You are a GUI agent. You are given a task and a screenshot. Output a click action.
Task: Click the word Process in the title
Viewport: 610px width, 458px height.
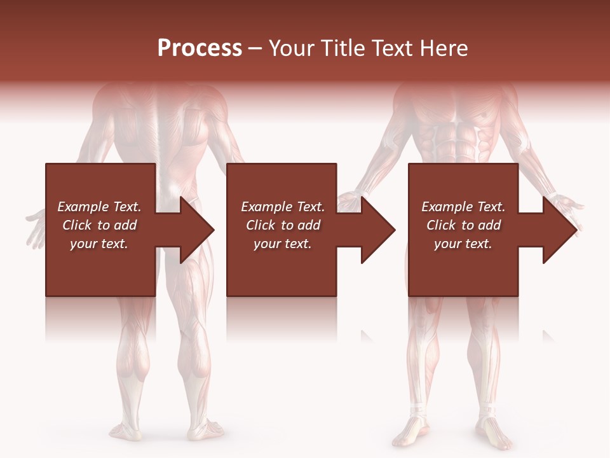200,48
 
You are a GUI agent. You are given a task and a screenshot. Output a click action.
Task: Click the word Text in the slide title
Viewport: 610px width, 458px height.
394,48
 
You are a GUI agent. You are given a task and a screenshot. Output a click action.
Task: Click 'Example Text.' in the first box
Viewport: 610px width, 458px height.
99,207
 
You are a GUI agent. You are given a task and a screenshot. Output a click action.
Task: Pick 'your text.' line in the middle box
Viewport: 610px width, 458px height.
282,244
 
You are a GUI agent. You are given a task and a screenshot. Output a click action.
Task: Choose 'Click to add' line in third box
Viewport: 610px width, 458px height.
463,225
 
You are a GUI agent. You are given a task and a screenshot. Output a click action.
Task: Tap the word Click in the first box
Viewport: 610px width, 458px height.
77,225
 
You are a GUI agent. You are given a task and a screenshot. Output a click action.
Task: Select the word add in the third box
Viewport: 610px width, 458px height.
489,225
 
